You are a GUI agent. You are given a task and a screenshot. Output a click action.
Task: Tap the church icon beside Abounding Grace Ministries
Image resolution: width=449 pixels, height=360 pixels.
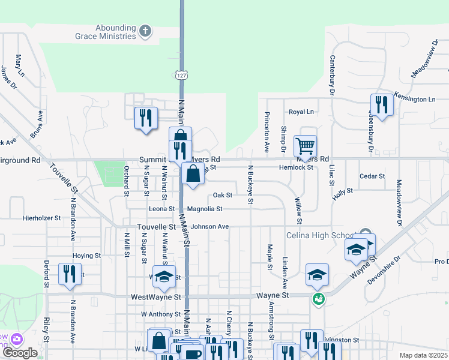(x=145, y=31)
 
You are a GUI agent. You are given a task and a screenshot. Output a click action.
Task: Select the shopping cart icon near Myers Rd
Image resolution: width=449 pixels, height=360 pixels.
(x=305, y=145)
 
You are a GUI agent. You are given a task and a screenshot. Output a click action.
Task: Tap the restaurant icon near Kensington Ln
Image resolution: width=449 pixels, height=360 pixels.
(x=381, y=105)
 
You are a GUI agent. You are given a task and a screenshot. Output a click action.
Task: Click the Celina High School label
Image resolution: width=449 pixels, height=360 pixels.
(x=322, y=235)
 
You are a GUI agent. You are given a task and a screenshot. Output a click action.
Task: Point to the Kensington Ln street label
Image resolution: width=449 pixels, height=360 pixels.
(x=415, y=98)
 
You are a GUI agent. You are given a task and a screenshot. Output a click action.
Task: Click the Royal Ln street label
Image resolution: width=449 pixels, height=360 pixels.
(x=301, y=112)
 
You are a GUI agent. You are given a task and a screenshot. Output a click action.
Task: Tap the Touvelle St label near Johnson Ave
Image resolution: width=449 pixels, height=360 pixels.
(x=156, y=227)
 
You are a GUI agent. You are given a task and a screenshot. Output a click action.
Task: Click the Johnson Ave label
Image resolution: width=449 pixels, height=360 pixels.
(x=210, y=227)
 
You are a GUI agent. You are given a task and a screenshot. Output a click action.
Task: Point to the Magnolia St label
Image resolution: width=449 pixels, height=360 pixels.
(x=205, y=209)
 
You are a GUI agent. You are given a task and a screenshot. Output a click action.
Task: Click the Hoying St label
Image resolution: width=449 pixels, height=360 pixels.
(x=86, y=256)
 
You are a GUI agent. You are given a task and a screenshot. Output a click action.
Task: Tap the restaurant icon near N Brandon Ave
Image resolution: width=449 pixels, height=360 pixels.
(x=69, y=274)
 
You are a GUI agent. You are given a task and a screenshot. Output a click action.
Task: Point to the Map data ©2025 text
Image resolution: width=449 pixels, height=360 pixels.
(x=423, y=355)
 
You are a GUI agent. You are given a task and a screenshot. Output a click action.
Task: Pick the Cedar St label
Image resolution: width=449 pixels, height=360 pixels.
(x=372, y=176)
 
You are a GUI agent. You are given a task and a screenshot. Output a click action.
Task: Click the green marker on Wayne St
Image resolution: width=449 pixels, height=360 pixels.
(x=318, y=298)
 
